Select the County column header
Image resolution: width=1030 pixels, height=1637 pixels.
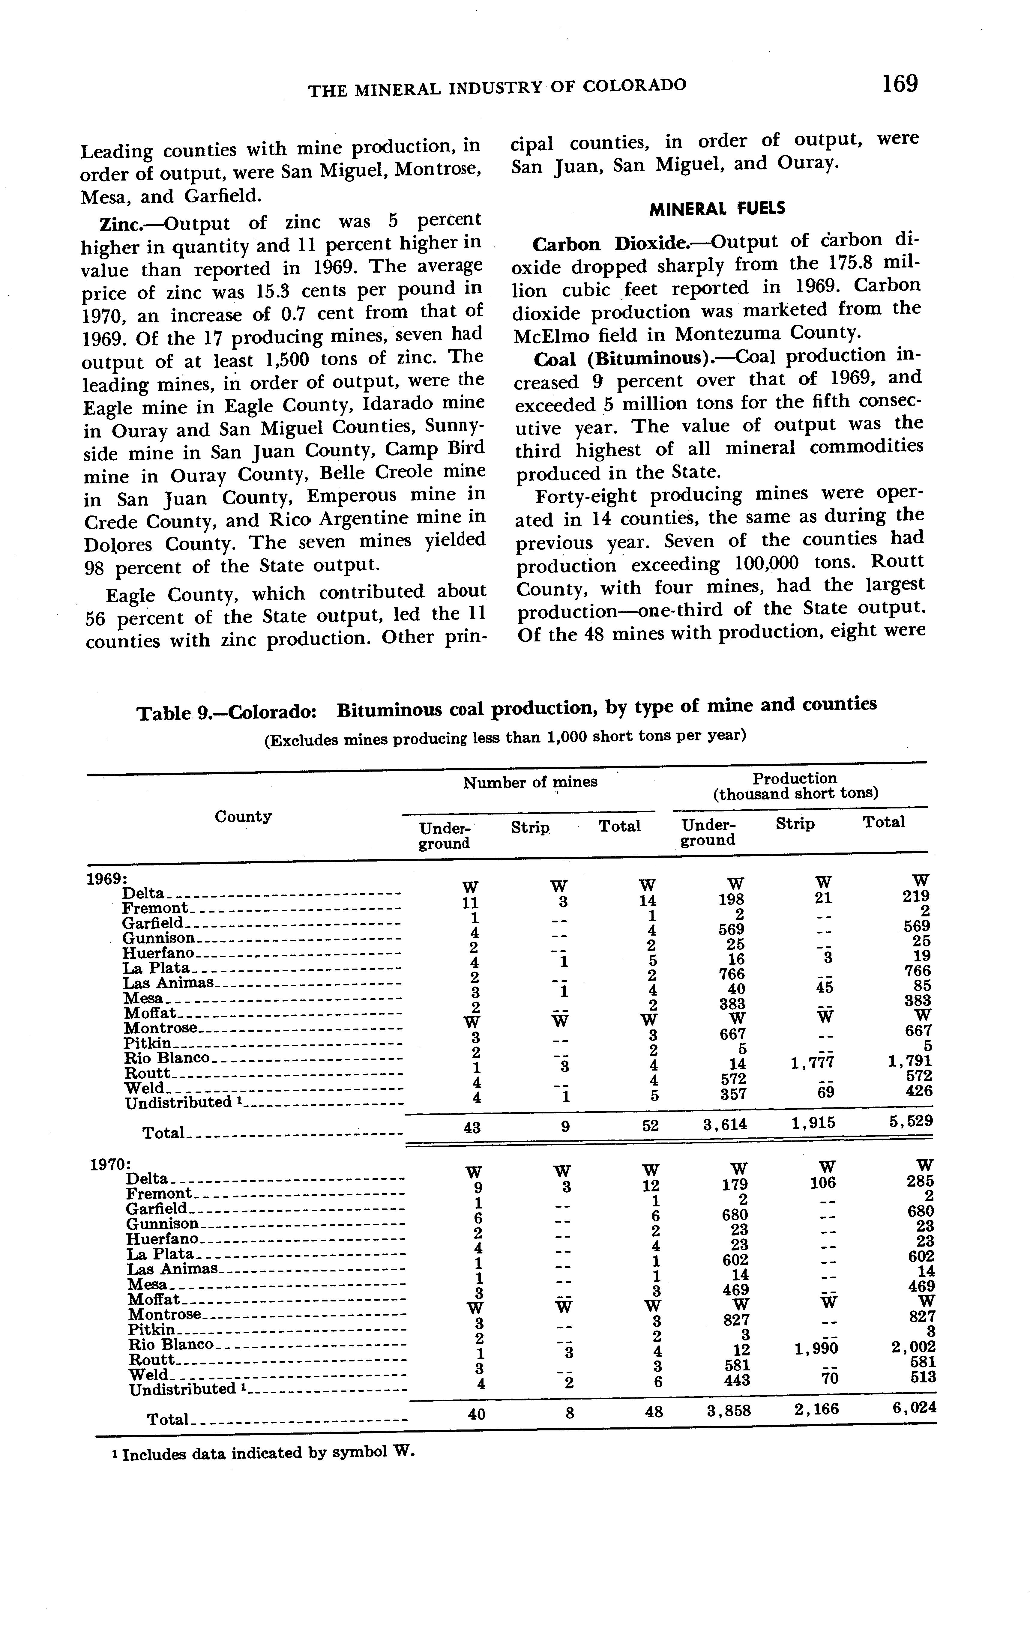(243, 817)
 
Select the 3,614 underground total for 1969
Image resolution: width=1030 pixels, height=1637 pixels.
(725, 1125)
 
